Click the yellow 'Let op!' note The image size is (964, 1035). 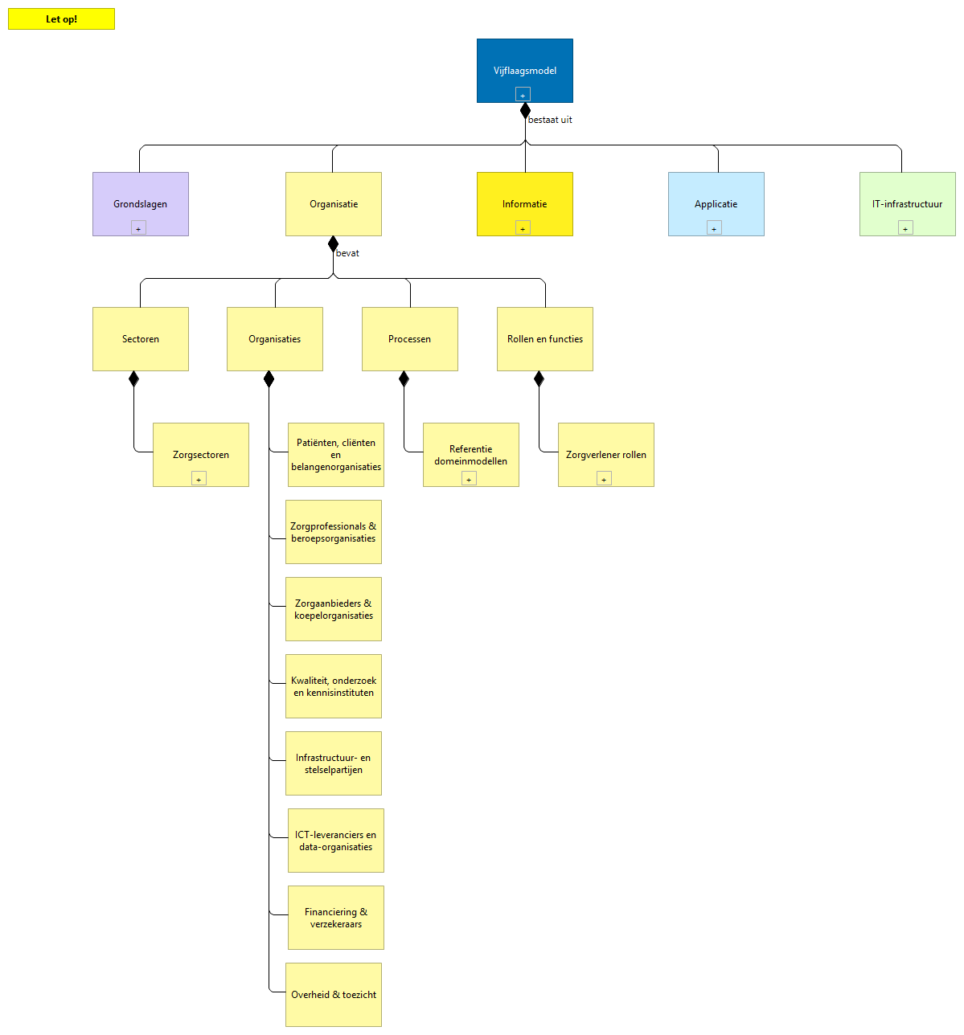pyautogui.click(x=61, y=19)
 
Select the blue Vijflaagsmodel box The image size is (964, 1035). pyautogui.click(x=524, y=64)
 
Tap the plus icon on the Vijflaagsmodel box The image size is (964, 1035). pyautogui.click(x=523, y=95)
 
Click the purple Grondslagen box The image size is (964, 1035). pyautogui.click(x=140, y=201)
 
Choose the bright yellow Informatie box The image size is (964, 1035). pyautogui.click(x=524, y=201)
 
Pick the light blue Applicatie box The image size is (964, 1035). pyautogui.click(x=716, y=201)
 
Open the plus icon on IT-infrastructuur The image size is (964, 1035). pyautogui.click(x=905, y=228)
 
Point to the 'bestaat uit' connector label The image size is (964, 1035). pyautogui.click(x=550, y=120)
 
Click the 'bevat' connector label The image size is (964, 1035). pyautogui.click(x=347, y=253)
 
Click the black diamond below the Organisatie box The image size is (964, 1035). pyautogui.click(x=333, y=244)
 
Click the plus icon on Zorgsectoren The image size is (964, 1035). pyautogui.click(x=199, y=479)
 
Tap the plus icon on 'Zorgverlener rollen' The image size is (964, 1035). pyautogui.click(x=604, y=479)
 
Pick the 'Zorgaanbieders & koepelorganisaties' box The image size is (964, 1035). pyautogui.click(x=333, y=609)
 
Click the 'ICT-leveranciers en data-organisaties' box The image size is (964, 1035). pyautogui.click(x=335, y=841)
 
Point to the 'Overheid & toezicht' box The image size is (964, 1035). pyautogui.click(x=333, y=995)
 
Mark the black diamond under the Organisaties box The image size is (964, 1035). pyautogui.click(x=269, y=379)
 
